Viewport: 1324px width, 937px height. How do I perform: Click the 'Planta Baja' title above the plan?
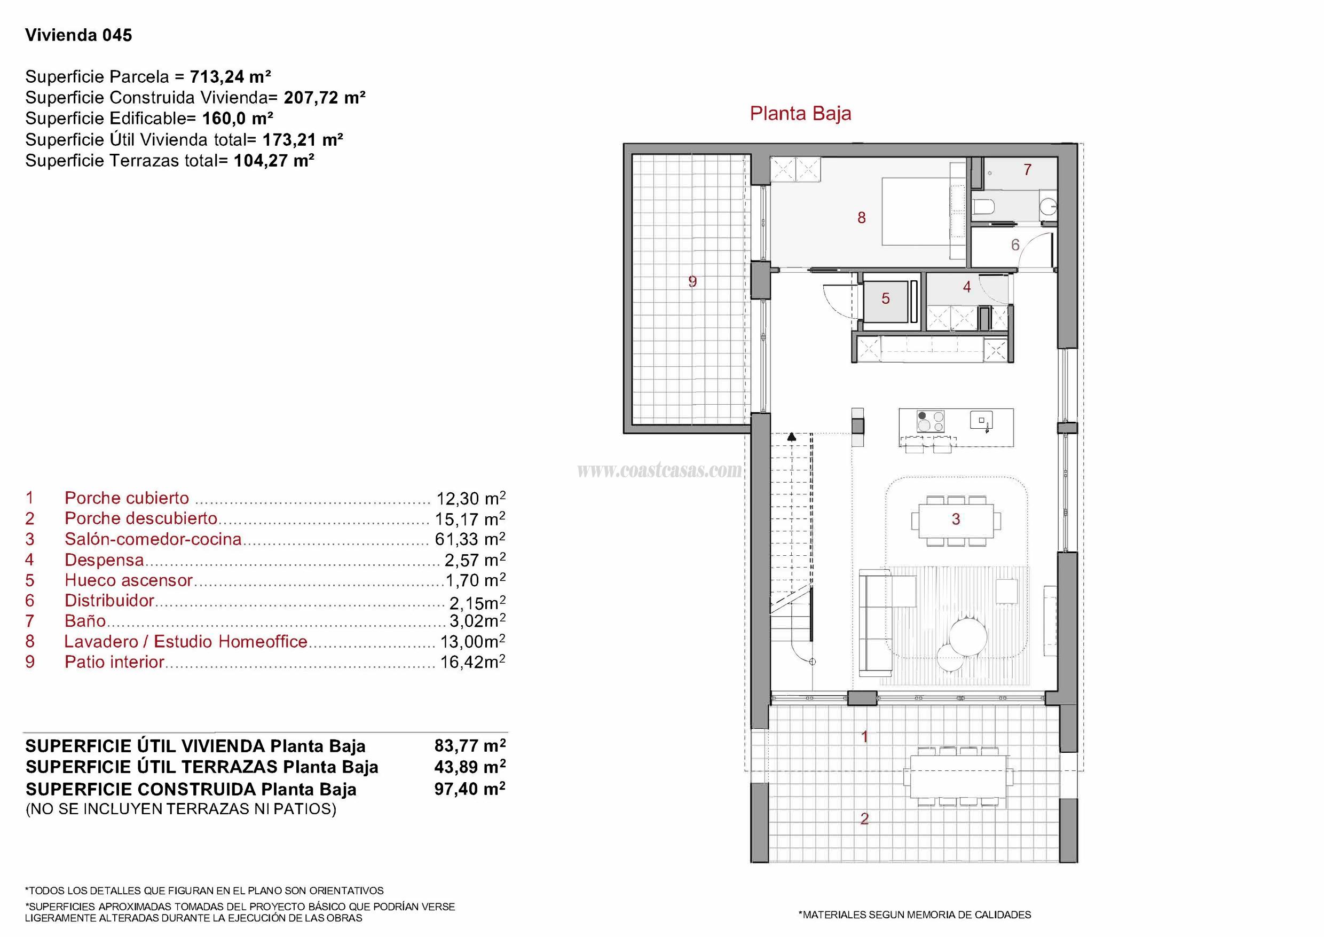(x=800, y=114)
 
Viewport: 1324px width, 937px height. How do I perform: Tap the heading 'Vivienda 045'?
(x=78, y=35)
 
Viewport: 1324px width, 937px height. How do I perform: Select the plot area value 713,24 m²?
(x=230, y=77)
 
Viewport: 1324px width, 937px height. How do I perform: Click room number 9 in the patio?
(x=692, y=281)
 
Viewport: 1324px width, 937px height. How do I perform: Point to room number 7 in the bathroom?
(x=1027, y=170)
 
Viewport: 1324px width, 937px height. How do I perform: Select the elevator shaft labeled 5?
(x=886, y=298)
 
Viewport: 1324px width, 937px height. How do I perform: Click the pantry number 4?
(x=967, y=286)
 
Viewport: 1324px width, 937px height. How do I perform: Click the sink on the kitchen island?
(x=981, y=420)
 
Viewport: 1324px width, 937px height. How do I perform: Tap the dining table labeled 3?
(x=955, y=519)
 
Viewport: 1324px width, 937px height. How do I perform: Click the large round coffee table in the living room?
(x=968, y=635)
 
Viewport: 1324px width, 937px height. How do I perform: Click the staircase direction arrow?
(x=792, y=437)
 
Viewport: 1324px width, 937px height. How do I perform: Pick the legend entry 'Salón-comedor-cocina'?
(x=153, y=539)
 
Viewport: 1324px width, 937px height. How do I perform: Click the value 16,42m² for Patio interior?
(x=472, y=662)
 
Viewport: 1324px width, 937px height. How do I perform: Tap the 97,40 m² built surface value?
(x=470, y=789)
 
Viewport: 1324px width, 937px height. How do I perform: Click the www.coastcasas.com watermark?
(x=659, y=471)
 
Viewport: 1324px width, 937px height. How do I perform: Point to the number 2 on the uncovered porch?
(x=864, y=818)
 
